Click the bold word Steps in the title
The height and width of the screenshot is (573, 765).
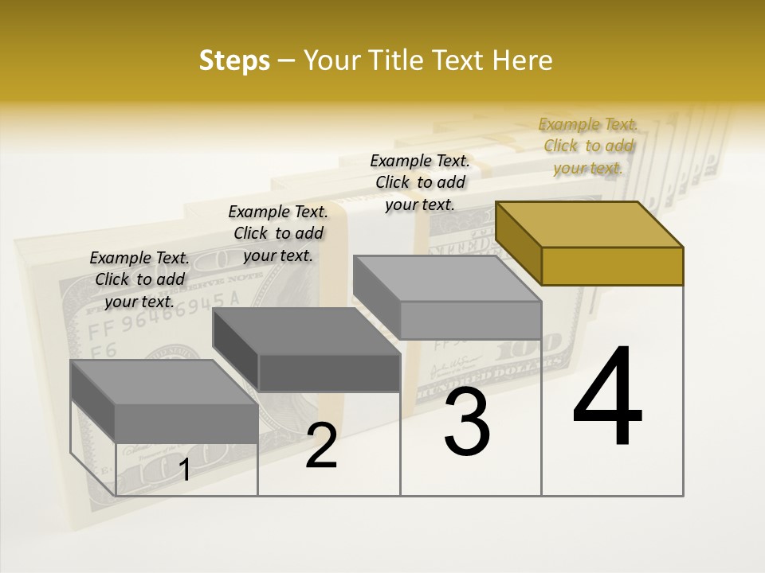pyautogui.click(x=234, y=60)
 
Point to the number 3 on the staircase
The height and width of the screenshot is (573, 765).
pyautogui.click(x=467, y=422)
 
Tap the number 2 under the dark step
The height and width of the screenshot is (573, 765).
pyautogui.click(x=321, y=446)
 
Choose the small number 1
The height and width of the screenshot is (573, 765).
pyautogui.click(x=184, y=470)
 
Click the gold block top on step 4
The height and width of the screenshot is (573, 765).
pyautogui.click(x=590, y=224)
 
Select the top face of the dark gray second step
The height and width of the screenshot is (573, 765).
pyautogui.click(x=307, y=331)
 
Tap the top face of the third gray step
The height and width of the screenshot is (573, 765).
pyautogui.click(x=446, y=279)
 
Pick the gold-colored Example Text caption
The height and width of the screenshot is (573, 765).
pyautogui.click(x=588, y=146)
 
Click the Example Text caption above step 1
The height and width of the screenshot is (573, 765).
pyautogui.click(x=139, y=279)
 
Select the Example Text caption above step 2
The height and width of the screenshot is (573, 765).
pyautogui.click(x=278, y=233)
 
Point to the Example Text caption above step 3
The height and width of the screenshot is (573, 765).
pyautogui.click(x=420, y=182)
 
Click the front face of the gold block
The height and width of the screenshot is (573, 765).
pyautogui.click(x=612, y=266)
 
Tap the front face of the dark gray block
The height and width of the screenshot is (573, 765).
pyautogui.click(x=329, y=372)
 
